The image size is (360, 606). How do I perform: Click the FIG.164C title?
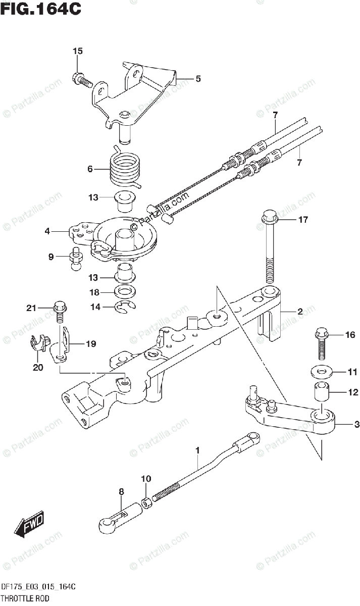click(x=41, y=10)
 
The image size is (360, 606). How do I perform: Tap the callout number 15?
click(x=77, y=51)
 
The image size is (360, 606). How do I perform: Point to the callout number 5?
click(x=198, y=79)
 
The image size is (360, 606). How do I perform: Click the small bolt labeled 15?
click(x=81, y=79)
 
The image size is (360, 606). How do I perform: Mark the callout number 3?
click(x=356, y=425)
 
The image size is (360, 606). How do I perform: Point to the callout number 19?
click(x=90, y=344)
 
